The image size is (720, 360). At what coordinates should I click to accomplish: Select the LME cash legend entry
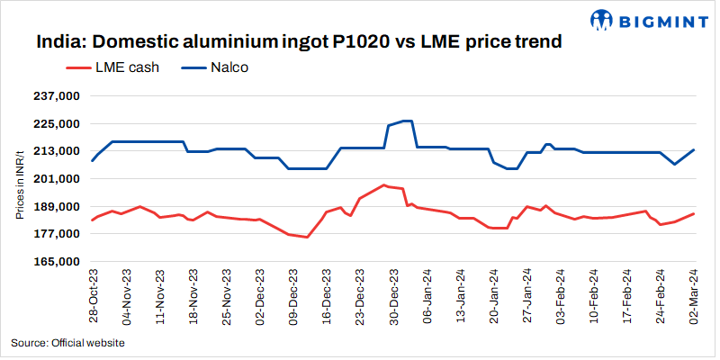coord(114,67)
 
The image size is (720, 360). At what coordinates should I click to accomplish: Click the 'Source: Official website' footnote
coord(67,343)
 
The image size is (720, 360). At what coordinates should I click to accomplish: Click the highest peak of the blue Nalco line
coord(405,121)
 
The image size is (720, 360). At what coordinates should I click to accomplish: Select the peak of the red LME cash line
coord(384,185)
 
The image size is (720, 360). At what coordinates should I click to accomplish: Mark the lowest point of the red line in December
coord(307,238)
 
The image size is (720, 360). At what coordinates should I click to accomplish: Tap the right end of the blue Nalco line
coord(693,149)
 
